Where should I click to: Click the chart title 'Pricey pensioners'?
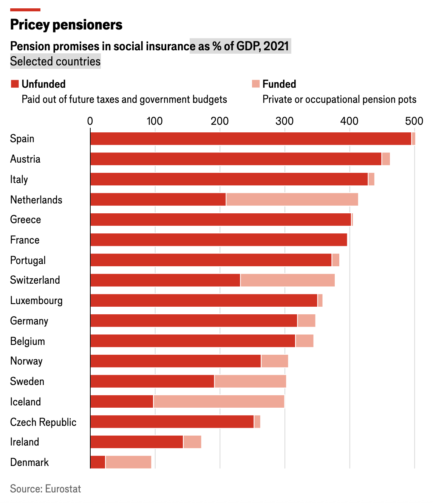[x=66, y=25]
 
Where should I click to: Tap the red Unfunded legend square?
[x=15, y=84]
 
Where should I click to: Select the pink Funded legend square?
[x=256, y=84]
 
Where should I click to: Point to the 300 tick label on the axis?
[x=284, y=121]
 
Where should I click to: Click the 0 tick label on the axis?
[x=90, y=121]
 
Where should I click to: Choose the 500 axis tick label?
[x=414, y=121]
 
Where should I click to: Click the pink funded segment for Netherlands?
[x=292, y=199]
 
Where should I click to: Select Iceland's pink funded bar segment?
[x=219, y=402]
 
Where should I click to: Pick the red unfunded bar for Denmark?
[x=98, y=462]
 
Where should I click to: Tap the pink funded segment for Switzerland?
[x=288, y=280]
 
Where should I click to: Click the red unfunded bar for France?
[x=218, y=240]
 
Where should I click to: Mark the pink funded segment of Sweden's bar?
[x=250, y=381]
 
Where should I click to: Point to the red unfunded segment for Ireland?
[x=137, y=442]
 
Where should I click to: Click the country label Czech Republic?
[x=43, y=422]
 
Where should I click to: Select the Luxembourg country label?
[x=36, y=301]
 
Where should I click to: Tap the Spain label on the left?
[x=22, y=139]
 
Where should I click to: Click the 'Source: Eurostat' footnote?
[x=45, y=489]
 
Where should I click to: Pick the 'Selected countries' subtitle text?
[x=55, y=61]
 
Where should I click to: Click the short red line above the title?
[x=25, y=9]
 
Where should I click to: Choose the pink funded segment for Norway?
[x=275, y=361]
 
